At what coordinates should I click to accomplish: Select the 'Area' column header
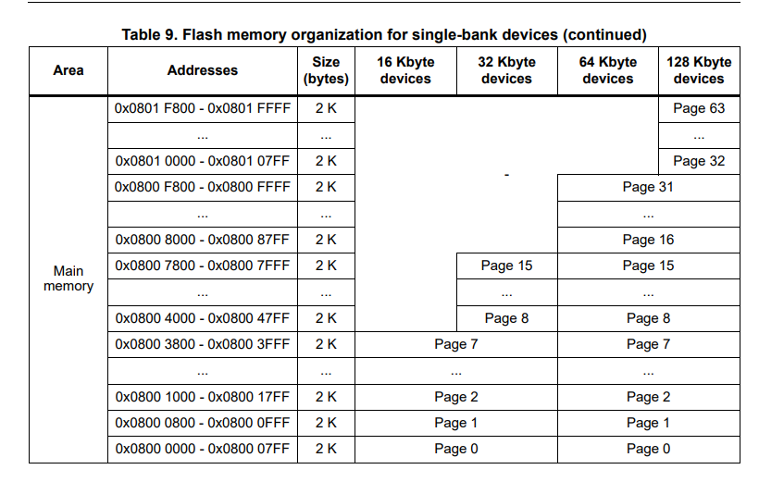pyautogui.click(x=68, y=70)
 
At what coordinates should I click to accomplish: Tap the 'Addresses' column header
pyautogui.click(x=202, y=70)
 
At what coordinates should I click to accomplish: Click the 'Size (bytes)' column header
pyautogui.click(x=325, y=70)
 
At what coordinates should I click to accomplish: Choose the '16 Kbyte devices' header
pyautogui.click(x=405, y=70)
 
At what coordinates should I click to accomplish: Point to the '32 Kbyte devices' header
pyautogui.click(x=506, y=70)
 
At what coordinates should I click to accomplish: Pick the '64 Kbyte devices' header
pyautogui.click(x=607, y=70)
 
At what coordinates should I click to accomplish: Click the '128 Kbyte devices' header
pyautogui.click(x=699, y=70)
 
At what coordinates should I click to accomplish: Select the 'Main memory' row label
pyautogui.click(x=68, y=278)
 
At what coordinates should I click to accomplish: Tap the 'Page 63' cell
pyautogui.click(x=699, y=108)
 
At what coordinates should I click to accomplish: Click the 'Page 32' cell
pyautogui.click(x=699, y=161)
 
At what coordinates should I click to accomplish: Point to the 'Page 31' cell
pyautogui.click(x=648, y=187)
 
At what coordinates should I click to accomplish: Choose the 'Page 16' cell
pyautogui.click(x=648, y=240)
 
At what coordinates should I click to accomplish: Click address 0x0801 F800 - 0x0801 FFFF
pyautogui.click(x=202, y=108)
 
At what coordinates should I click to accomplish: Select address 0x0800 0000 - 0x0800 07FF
pyautogui.click(x=202, y=449)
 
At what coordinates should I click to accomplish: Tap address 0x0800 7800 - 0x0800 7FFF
pyautogui.click(x=202, y=266)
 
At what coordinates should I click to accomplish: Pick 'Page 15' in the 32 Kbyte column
pyautogui.click(x=506, y=266)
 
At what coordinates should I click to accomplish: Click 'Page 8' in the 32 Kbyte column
pyautogui.click(x=506, y=318)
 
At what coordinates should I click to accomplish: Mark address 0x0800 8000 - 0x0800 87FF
pyautogui.click(x=202, y=240)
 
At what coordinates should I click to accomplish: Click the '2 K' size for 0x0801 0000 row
pyautogui.click(x=325, y=161)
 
